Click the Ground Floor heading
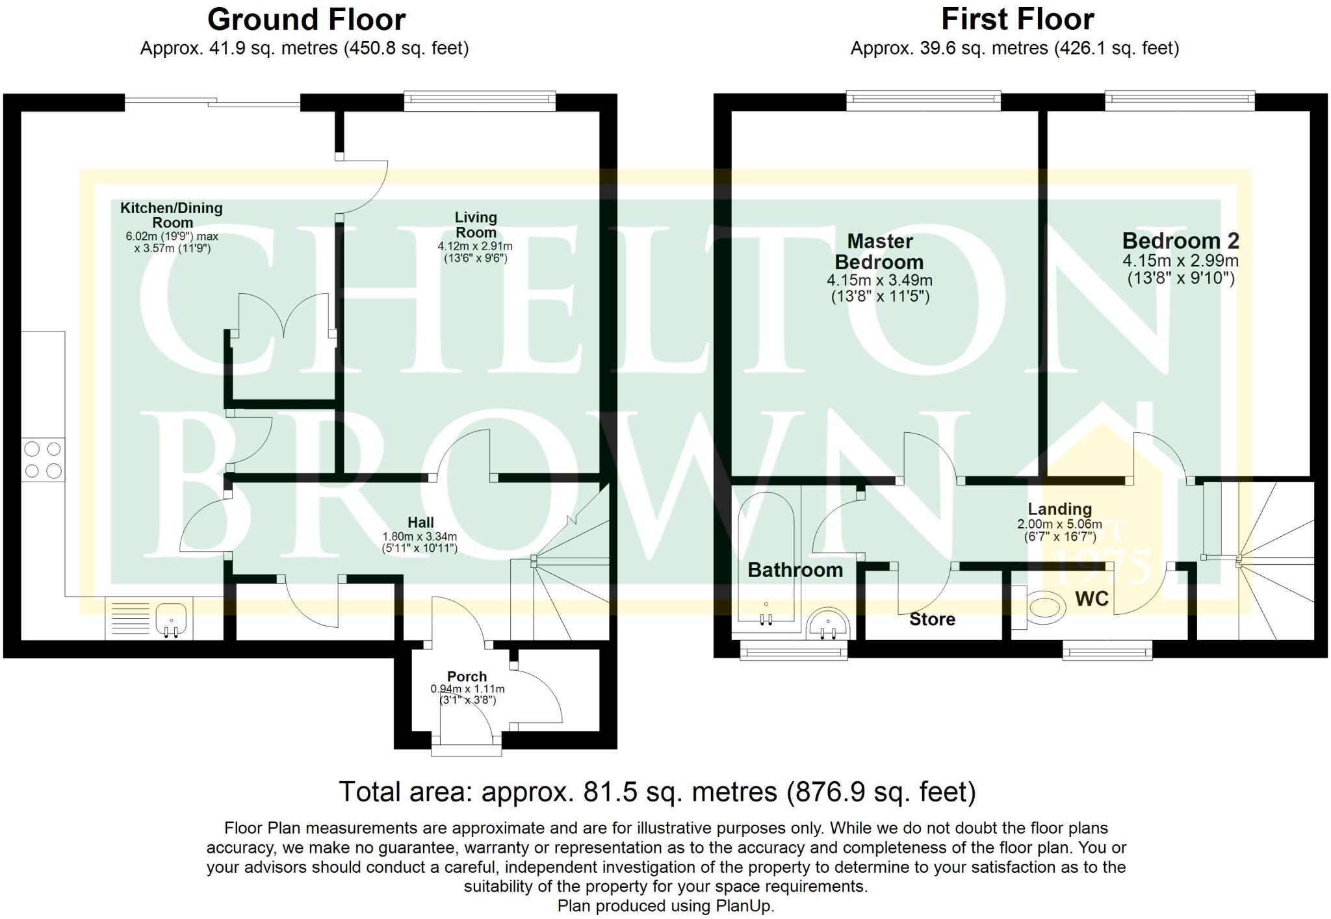(306, 20)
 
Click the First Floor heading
(1017, 19)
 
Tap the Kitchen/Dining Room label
(172, 214)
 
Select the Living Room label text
(476, 225)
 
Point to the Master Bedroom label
(879, 252)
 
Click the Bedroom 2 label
(1180, 241)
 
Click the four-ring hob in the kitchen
(43, 459)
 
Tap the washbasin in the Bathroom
(827, 626)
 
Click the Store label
(932, 619)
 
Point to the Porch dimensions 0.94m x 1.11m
(467, 689)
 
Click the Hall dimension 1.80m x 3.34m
(420, 537)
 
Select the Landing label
(1059, 509)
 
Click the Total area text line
(657, 792)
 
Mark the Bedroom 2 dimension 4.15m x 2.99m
(1180, 261)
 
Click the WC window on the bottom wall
(1107, 650)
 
